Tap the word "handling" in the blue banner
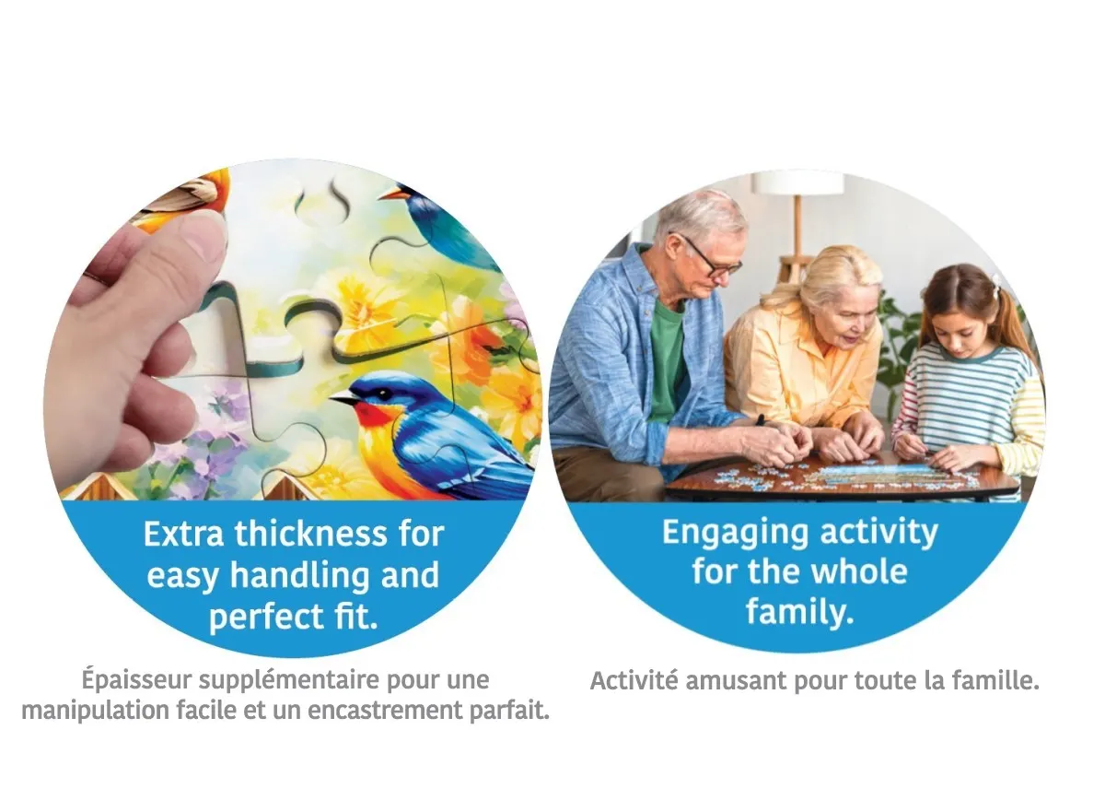(x=301, y=575)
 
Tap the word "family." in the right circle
(x=799, y=612)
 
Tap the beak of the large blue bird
(x=345, y=398)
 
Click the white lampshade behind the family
(x=798, y=182)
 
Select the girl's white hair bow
(x=996, y=283)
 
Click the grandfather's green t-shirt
(x=667, y=357)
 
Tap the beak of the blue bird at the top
(x=390, y=195)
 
